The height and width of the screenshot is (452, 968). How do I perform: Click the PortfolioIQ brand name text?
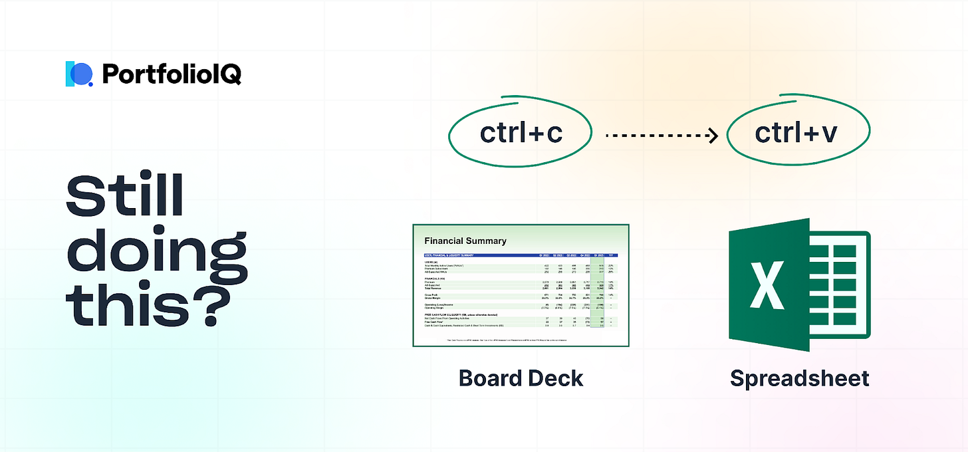pos(172,74)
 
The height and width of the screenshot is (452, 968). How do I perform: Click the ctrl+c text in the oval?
pos(521,134)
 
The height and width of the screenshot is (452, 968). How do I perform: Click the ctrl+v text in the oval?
pos(796,134)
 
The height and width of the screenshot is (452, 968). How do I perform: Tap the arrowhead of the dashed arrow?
pos(713,135)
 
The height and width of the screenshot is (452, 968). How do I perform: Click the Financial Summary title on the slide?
pos(465,241)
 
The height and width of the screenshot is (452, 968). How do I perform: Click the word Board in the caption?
pos(489,378)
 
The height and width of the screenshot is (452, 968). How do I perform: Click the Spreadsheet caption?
pos(799,378)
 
